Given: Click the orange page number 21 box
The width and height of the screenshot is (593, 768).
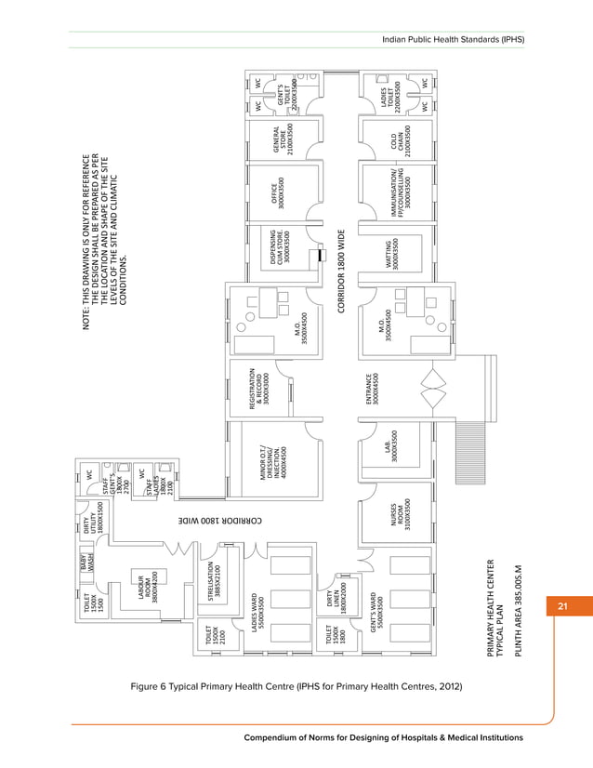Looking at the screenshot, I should pyautogui.click(x=561, y=607).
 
